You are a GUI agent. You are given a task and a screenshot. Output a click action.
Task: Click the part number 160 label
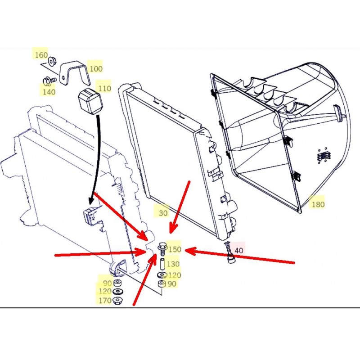(41, 55)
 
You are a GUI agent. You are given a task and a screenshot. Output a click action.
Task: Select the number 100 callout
(95, 68)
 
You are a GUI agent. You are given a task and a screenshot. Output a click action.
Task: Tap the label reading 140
(49, 92)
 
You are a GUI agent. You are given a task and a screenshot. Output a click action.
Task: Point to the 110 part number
(104, 89)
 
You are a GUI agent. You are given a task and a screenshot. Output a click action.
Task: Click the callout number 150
(175, 249)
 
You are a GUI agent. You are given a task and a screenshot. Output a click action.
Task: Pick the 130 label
(173, 264)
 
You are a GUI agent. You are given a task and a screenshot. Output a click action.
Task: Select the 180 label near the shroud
(318, 204)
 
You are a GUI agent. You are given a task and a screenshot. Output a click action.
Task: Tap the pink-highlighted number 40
(239, 250)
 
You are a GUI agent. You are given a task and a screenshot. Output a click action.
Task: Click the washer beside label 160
(53, 59)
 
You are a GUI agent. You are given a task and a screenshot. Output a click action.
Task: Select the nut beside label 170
(119, 300)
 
